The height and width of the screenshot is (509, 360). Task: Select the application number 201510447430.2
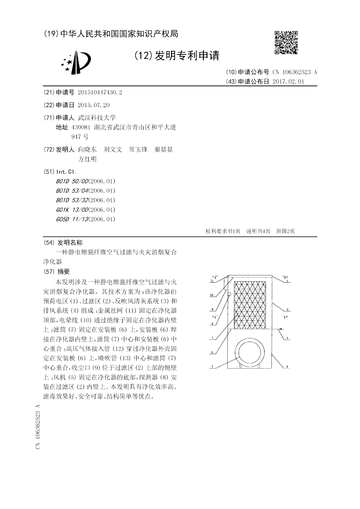100,92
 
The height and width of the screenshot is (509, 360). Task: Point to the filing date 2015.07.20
94,105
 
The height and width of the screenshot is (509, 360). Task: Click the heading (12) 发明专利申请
177,56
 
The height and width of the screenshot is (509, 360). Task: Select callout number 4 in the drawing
287,367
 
